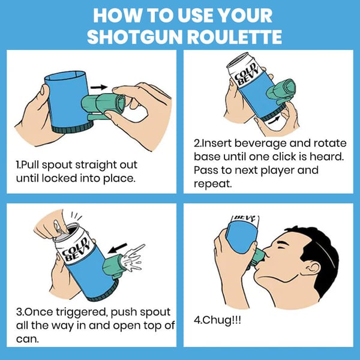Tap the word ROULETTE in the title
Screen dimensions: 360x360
pos(236,37)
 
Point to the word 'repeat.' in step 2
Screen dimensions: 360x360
pos(212,184)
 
